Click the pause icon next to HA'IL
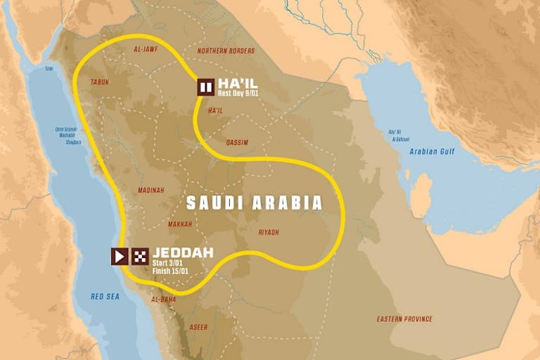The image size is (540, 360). pyautogui.click(x=206, y=87)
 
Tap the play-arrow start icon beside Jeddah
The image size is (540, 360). pyautogui.click(x=119, y=256)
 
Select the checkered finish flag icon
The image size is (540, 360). pyautogui.click(x=140, y=256)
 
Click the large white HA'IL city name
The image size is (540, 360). pyautogui.click(x=238, y=82)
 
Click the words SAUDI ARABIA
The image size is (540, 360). pyautogui.click(x=254, y=203)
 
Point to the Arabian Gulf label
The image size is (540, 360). pyautogui.click(x=432, y=151)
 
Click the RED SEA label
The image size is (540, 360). pyautogui.click(x=105, y=297)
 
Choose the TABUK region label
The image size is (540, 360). pyautogui.click(x=100, y=82)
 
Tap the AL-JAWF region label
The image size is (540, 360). pyautogui.click(x=145, y=51)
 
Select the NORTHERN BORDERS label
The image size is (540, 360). pyautogui.click(x=225, y=51)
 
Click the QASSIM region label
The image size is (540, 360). pyautogui.click(x=237, y=142)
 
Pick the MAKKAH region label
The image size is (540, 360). pyautogui.click(x=180, y=224)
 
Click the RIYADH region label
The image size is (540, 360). pyautogui.click(x=268, y=232)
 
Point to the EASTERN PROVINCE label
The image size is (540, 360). pyautogui.click(x=404, y=319)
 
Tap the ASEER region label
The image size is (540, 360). pyautogui.click(x=199, y=327)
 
